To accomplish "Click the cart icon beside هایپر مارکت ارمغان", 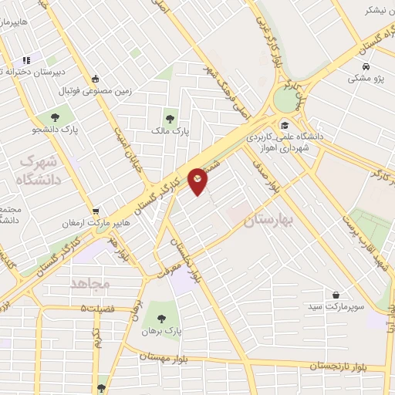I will click(x=96, y=210).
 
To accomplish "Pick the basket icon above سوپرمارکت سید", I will click(x=336, y=295).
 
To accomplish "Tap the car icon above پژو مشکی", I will click(x=366, y=65).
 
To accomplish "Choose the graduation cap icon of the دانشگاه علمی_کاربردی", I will click(x=284, y=125).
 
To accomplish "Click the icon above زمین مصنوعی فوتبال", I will click(x=95, y=79).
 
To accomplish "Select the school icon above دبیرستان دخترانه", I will click(x=26, y=59).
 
